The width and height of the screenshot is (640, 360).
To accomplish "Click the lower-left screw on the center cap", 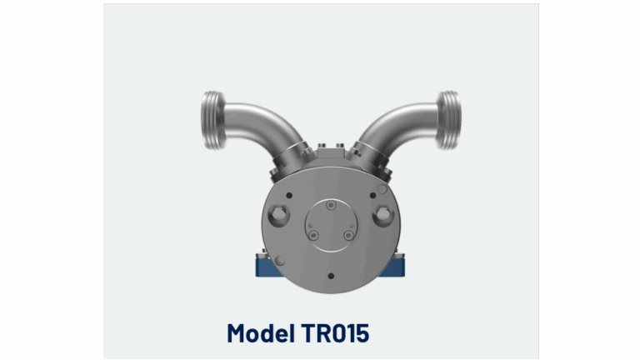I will coord(313,237).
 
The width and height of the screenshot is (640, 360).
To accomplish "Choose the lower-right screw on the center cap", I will coord(348,237).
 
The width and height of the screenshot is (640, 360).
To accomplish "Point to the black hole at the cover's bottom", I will coord(331,276).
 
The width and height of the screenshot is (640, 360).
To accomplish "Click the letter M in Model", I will coord(238,333).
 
